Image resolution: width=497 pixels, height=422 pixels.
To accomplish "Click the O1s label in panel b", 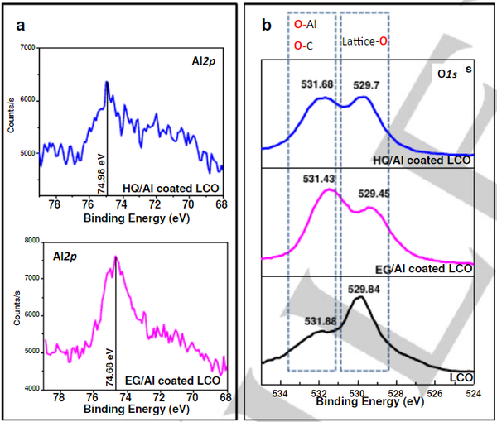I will [451, 74].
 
